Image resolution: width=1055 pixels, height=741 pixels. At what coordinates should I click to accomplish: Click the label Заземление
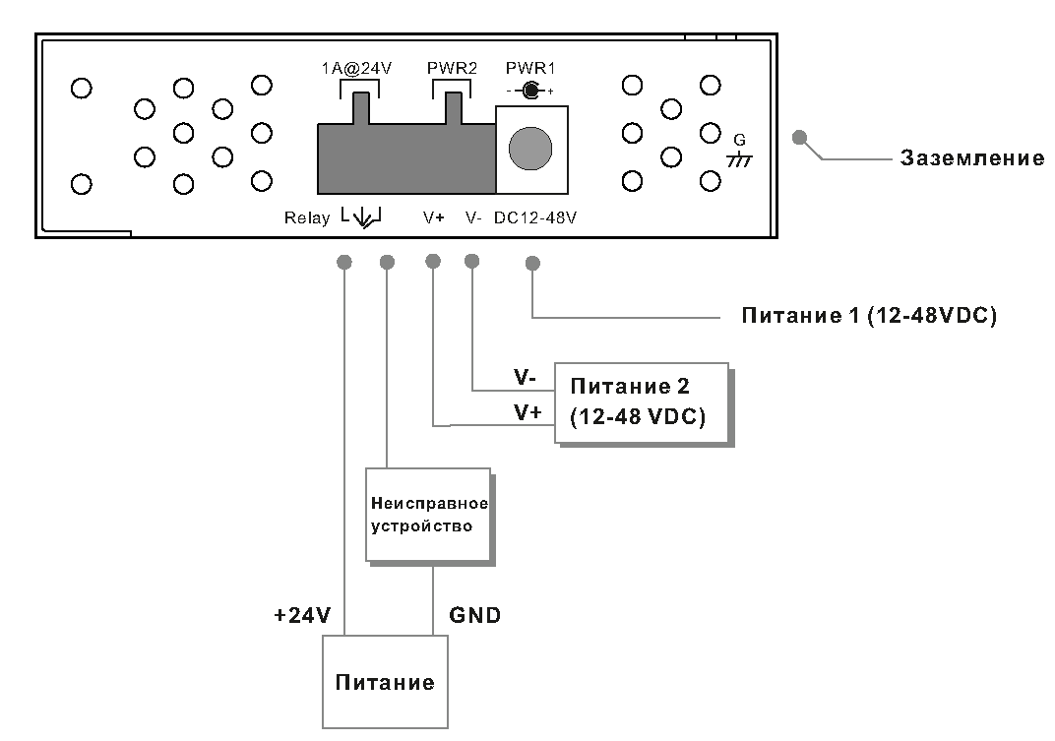coord(971,158)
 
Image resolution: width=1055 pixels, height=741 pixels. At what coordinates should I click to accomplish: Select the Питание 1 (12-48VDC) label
coord(869,315)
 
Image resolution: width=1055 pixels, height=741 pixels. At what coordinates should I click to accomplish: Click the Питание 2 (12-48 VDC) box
coord(642,402)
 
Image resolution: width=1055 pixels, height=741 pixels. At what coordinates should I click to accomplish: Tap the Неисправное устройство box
coord(428,515)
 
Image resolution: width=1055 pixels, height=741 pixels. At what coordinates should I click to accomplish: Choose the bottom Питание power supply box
coord(385,682)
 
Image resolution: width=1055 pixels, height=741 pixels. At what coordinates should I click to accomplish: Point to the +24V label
coord(302,615)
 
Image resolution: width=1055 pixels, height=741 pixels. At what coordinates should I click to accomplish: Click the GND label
coord(474,615)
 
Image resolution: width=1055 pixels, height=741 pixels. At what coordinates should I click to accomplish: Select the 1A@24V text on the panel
coord(356,68)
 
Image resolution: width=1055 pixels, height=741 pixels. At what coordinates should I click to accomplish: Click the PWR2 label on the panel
coord(452,68)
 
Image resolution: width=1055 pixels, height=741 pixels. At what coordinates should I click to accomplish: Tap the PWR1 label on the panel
coord(530,68)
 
